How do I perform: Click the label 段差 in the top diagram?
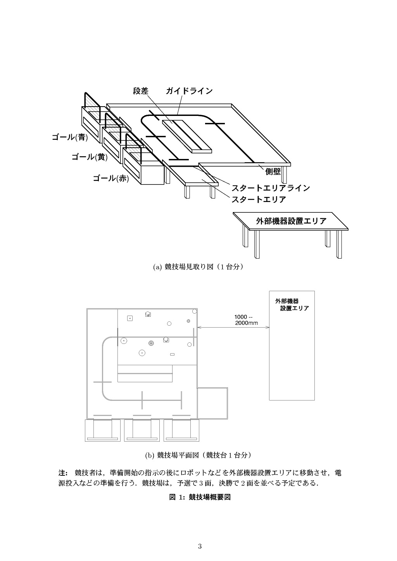(141, 91)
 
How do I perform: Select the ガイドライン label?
(189, 91)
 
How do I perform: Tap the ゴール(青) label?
(70, 137)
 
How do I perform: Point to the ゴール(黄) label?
(90, 157)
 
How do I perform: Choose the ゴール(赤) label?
(110, 178)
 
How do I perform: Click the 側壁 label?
(273, 171)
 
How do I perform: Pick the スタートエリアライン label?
(271, 188)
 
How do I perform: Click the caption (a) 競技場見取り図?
(198, 267)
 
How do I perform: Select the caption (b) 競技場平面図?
(198, 455)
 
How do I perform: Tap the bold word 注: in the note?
(63, 473)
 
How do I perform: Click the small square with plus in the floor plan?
(130, 318)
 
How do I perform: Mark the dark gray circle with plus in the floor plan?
(151, 343)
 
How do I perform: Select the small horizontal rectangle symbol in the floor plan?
(173, 354)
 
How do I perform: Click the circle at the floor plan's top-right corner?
(194, 311)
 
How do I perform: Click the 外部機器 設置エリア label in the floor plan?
(292, 305)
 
